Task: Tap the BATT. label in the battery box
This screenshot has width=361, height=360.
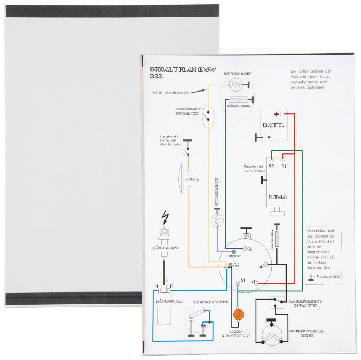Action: pos(273,125)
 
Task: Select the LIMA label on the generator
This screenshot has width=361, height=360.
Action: pos(278,197)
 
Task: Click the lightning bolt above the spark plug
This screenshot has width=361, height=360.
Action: pos(165,216)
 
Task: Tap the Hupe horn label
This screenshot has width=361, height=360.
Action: pos(193,179)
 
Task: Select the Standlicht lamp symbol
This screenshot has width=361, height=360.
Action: pos(217,221)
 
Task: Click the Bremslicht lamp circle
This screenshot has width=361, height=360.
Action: pos(236,85)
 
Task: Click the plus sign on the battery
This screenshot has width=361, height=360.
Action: pos(276,114)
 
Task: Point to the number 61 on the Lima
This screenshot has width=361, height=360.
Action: pos(272,166)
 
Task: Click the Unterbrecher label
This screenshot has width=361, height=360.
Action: pos(210,302)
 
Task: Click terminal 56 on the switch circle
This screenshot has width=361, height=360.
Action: pos(261,266)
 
